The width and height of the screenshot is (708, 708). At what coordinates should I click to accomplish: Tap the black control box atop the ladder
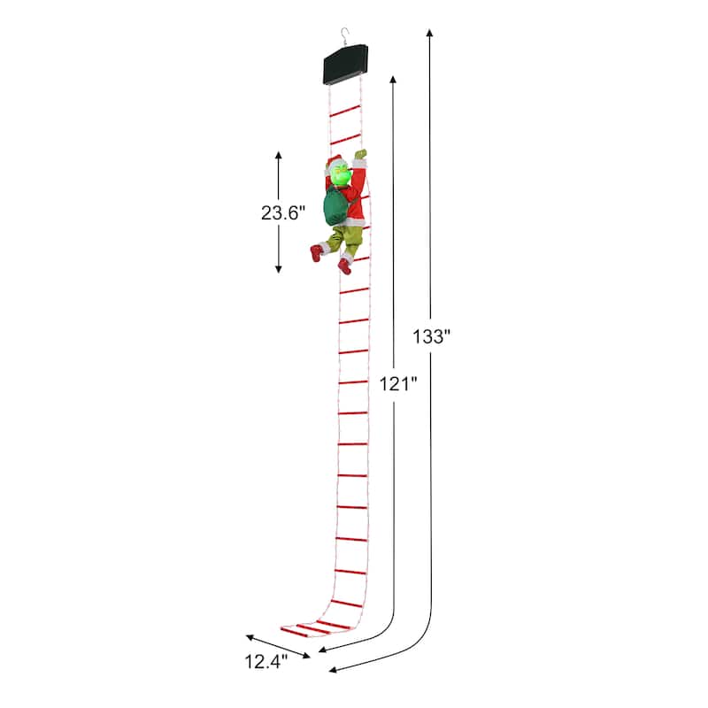click(346, 66)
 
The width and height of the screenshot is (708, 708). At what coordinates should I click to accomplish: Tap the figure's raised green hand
click(359, 156)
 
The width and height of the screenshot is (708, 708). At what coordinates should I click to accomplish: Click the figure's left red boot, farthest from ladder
click(316, 253)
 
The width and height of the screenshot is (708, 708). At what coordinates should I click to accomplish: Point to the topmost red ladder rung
click(345, 111)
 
